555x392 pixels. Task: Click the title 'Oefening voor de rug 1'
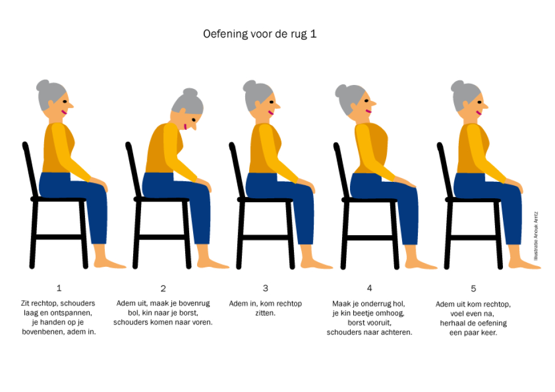259,34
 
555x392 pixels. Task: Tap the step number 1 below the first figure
59,288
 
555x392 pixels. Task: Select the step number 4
369,288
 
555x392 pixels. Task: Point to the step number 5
473,288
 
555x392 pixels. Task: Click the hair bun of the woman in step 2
190,92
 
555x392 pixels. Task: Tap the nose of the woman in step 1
70,105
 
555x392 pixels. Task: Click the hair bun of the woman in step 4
340,91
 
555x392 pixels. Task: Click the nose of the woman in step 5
485,105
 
